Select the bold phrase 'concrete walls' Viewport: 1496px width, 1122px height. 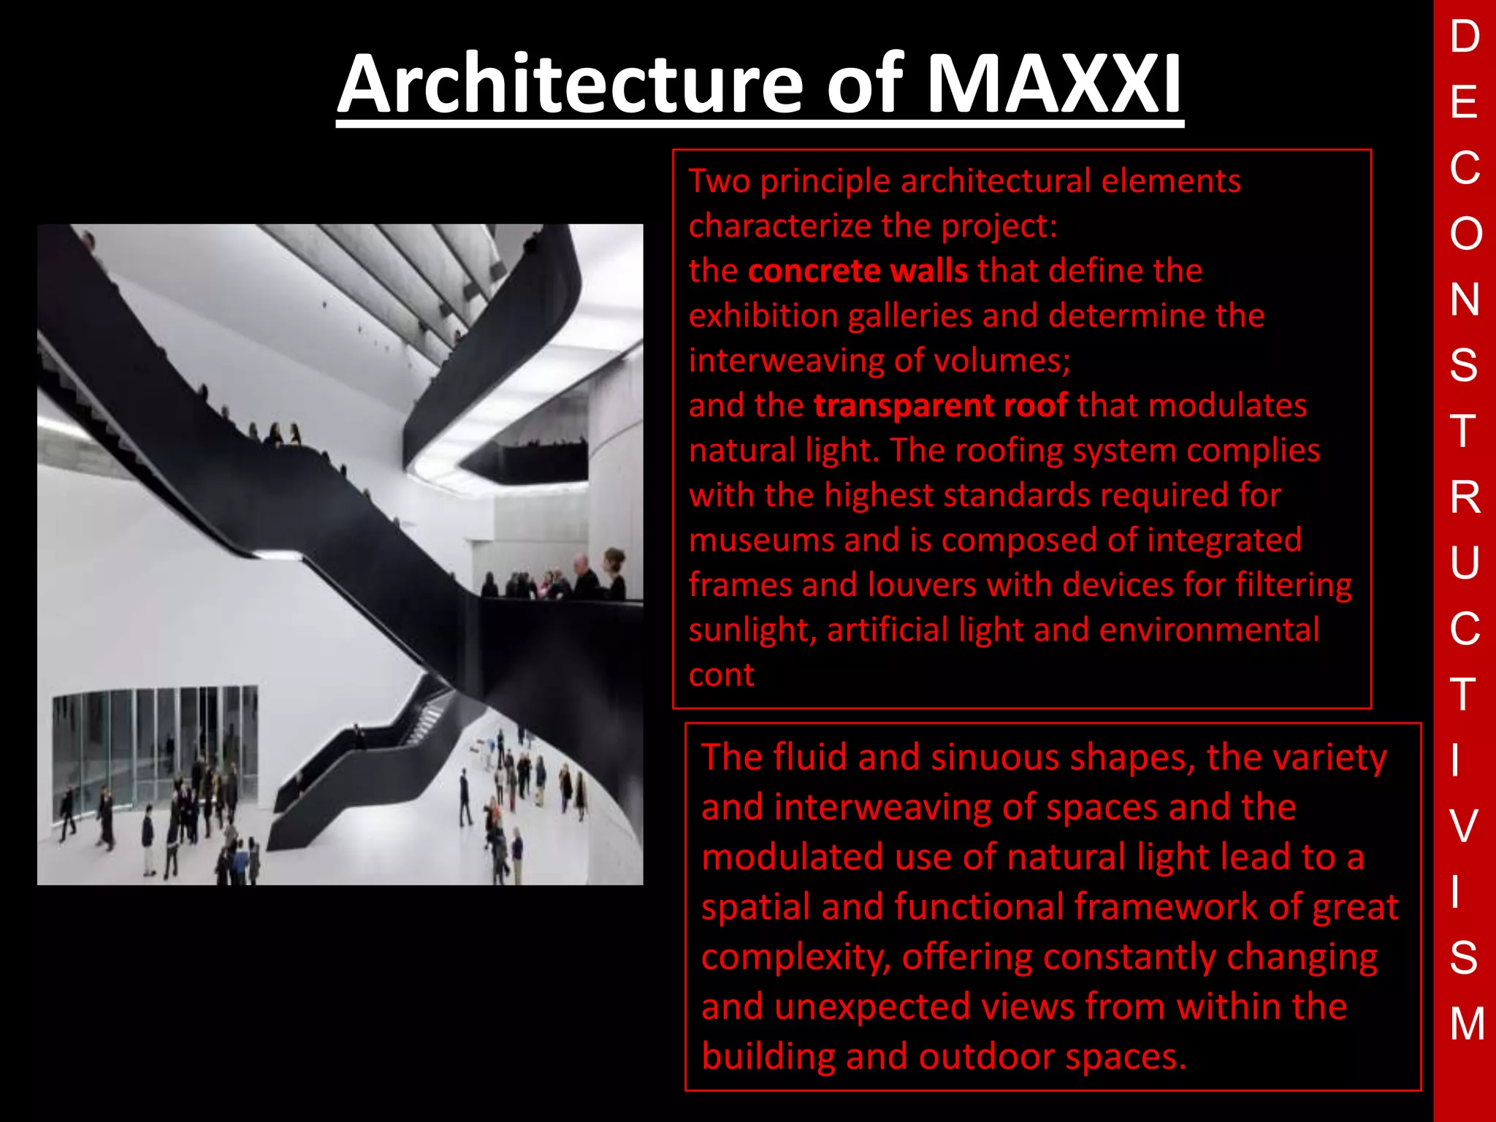tap(858, 271)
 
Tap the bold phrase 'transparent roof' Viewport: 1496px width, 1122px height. tap(941, 405)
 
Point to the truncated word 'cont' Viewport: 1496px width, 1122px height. tap(721, 675)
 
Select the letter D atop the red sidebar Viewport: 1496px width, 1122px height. tap(1465, 37)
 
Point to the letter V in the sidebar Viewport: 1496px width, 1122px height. tap(1465, 825)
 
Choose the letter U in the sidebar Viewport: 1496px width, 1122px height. tap(1465, 562)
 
